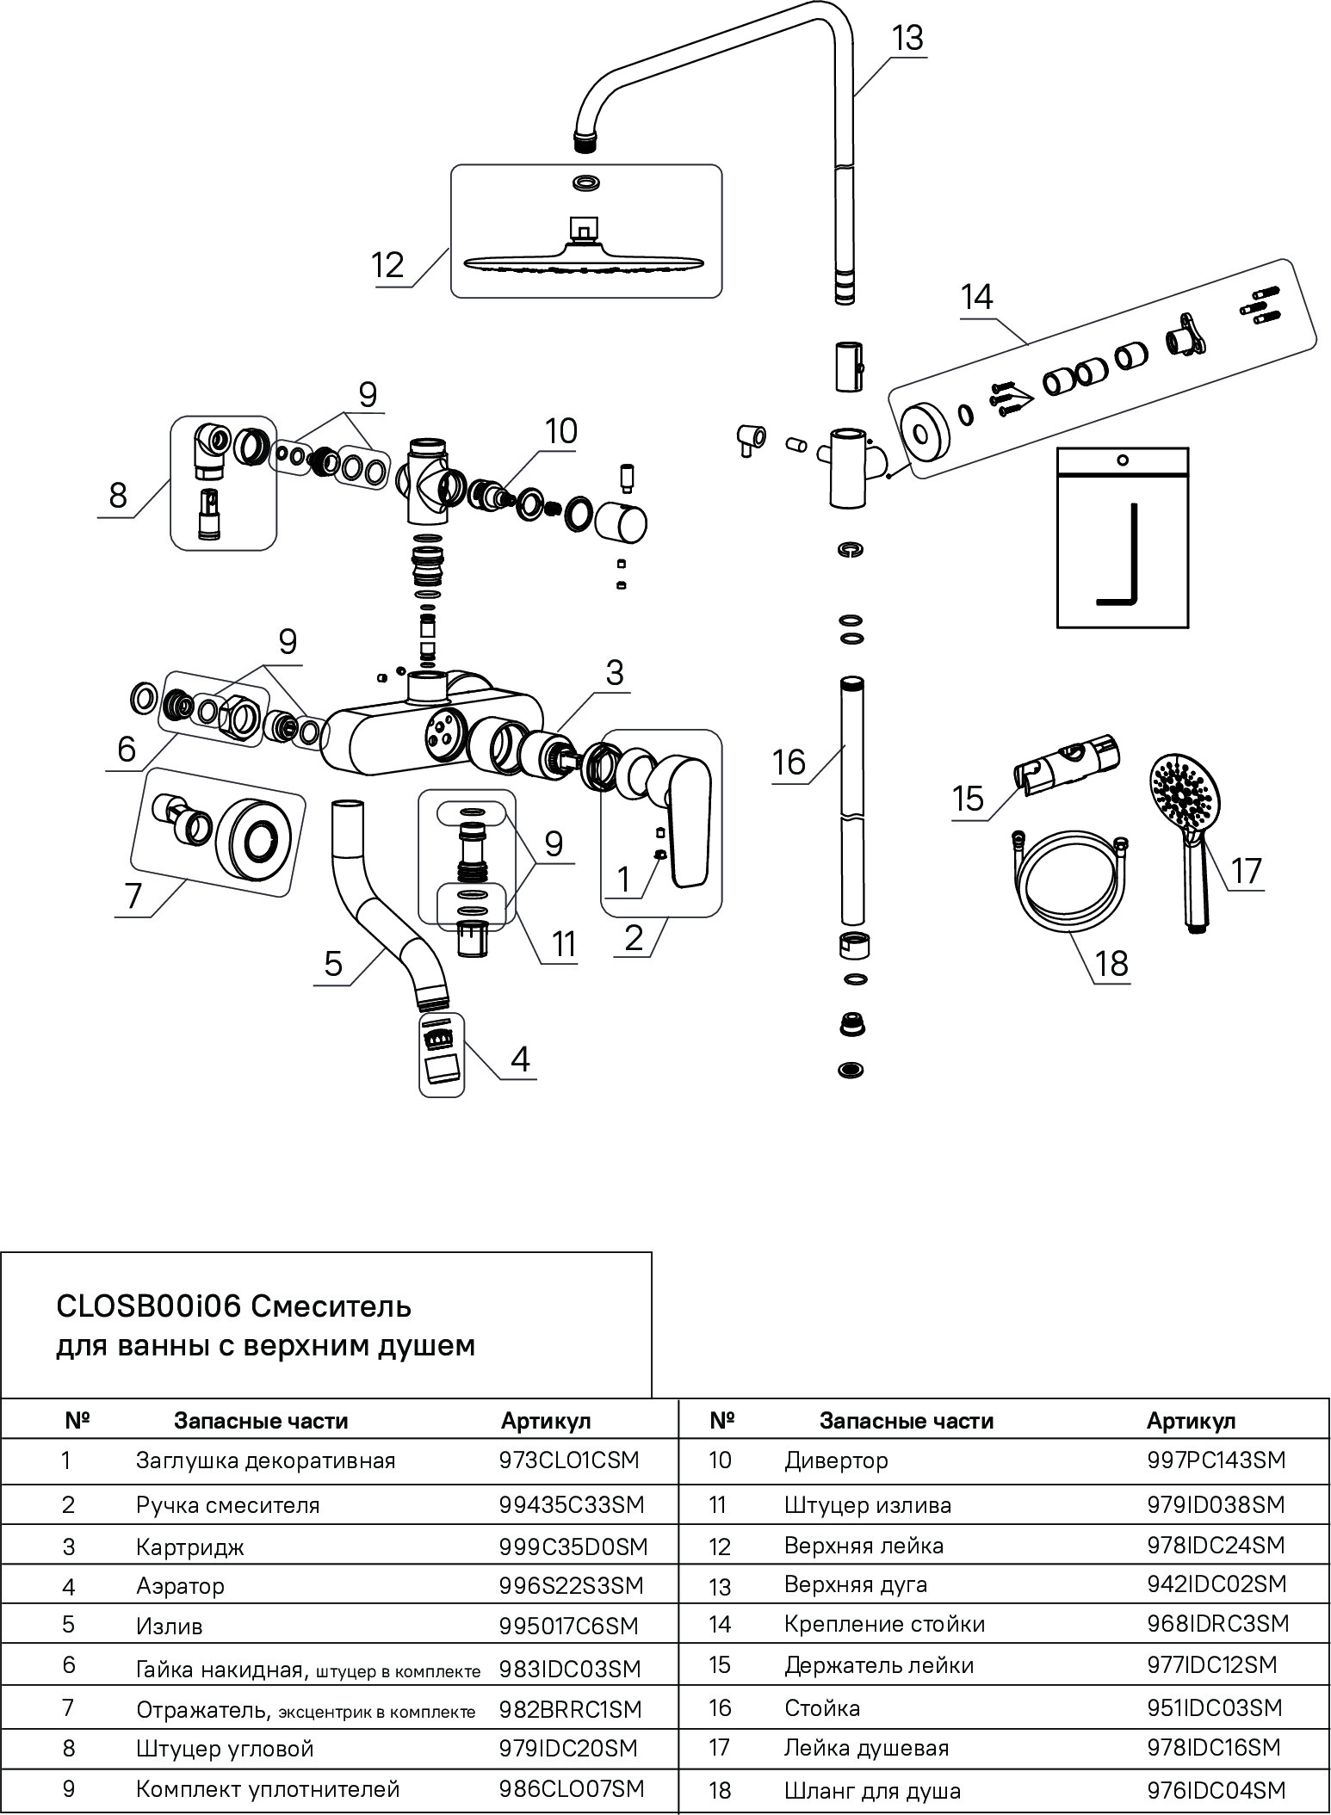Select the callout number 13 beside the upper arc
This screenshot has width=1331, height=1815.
(x=906, y=38)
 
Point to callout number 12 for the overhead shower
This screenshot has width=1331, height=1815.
(x=388, y=265)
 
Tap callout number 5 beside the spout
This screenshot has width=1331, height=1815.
(x=333, y=964)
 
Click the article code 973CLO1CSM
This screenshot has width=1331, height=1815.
(x=570, y=1460)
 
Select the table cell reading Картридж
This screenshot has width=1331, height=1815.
(x=190, y=1546)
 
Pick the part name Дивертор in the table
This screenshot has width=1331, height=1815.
(x=836, y=1460)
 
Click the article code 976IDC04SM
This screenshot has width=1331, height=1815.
(x=1216, y=1790)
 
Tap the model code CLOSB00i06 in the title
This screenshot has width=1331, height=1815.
(x=147, y=1306)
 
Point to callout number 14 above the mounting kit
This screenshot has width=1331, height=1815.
(x=977, y=297)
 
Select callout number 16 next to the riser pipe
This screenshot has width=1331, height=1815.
(x=789, y=762)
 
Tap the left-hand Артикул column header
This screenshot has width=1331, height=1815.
(x=546, y=1421)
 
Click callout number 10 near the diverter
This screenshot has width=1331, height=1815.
(x=560, y=430)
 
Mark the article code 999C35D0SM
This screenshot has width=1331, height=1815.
(x=573, y=1546)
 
